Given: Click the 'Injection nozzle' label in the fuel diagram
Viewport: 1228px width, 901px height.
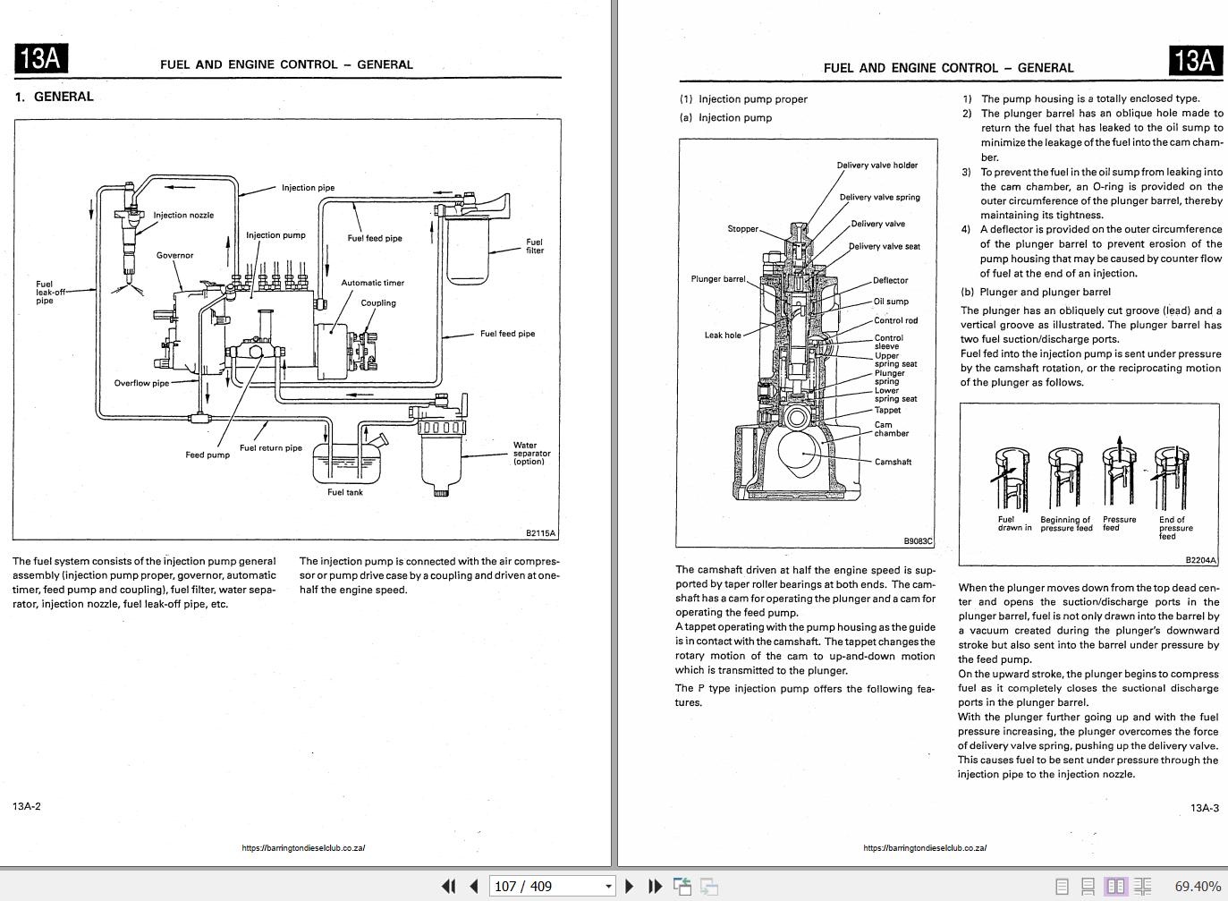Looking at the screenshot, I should [x=183, y=215].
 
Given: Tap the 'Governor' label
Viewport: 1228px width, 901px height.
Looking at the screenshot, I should [x=174, y=255].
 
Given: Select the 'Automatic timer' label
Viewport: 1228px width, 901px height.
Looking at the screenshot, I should [x=372, y=283].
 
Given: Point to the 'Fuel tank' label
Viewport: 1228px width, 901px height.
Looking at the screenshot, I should [x=345, y=492].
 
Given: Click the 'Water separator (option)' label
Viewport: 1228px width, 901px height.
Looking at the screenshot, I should [x=531, y=453].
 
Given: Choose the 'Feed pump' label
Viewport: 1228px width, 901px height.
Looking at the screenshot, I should [x=207, y=455].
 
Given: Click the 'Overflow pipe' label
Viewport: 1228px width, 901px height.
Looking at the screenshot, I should [x=141, y=383].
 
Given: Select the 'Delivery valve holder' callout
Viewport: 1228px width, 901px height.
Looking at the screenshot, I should [x=877, y=166].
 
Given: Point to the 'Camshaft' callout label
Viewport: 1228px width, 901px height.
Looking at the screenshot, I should [x=893, y=462].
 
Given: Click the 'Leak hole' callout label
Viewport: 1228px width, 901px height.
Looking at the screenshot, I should [x=723, y=336].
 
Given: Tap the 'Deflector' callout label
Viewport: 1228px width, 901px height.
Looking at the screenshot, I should [x=890, y=280].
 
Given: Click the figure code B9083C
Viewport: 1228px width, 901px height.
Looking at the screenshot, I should [x=918, y=541].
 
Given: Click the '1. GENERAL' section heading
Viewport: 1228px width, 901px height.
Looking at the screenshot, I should [x=55, y=97].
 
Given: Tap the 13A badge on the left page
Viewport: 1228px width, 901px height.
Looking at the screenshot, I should [x=41, y=59].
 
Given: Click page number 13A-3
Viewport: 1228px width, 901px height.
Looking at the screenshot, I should [x=1204, y=808].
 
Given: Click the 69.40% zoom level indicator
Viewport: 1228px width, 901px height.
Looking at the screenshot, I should [x=1198, y=886].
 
